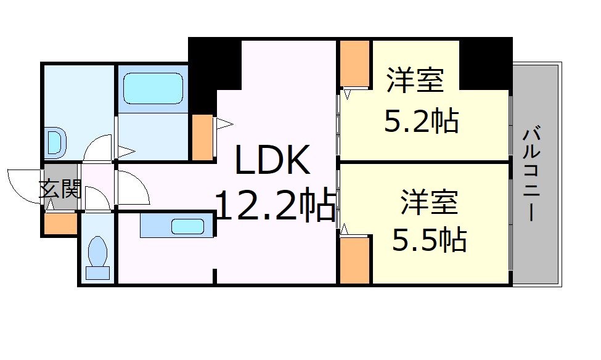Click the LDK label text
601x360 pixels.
pyautogui.click(x=272, y=160)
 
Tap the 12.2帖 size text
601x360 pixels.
pyautogui.click(x=275, y=205)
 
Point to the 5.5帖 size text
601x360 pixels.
pyautogui.click(x=429, y=240)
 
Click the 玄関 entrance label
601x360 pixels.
pyautogui.click(x=60, y=189)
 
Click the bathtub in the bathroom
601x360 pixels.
pyautogui.click(x=153, y=89)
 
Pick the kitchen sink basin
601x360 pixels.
pyautogui.click(x=187, y=227)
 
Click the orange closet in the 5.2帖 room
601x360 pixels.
pyautogui.click(x=354, y=63)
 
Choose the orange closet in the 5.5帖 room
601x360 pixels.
pyautogui.click(x=354, y=260)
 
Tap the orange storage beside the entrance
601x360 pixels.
pyautogui.click(x=61, y=223)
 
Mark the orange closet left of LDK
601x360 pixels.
pyautogui.click(x=202, y=137)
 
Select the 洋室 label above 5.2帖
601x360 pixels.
pyautogui.click(x=415, y=80)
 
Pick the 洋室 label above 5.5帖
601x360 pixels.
pyautogui.click(x=429, y=202)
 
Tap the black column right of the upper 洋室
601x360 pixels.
pyautogui.click(x=486, y=63)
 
